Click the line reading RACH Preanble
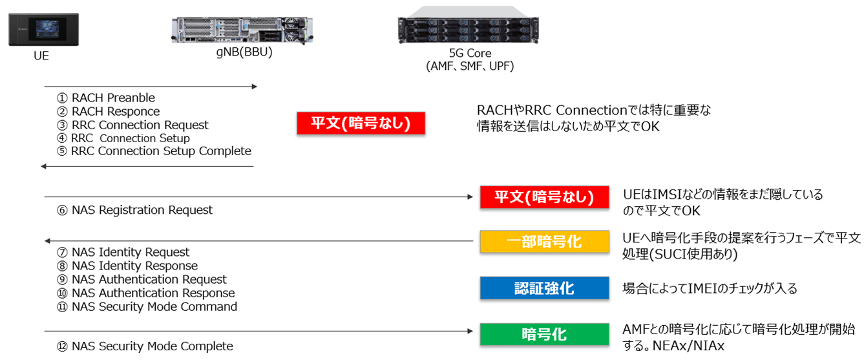pyautogui.click(x=107, y=98)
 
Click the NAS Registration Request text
pyautogui.click(x=135, y=210)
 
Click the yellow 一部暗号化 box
pyautogui.click(x=544, y=242)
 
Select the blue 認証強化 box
pyautogui.click(x=544, y=288)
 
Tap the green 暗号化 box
pyautogui.click(x=544, y=334)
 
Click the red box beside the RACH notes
pyautogui.click(x=361, y=123)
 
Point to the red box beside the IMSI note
pyautogui.click(x=544, y=197)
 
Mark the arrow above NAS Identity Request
pyautogui.click(x=258, y=241)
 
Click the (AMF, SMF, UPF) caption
pyautogui.click(x=470, y=66)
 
